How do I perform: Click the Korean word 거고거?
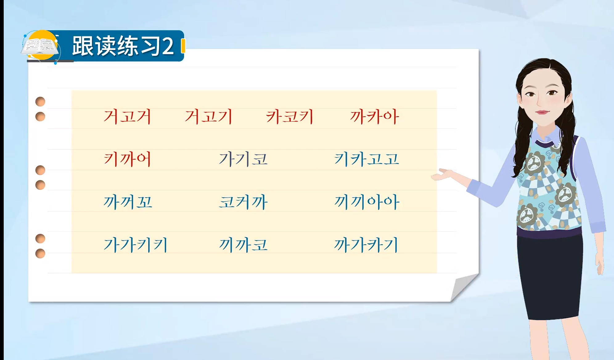(x=127, y=117)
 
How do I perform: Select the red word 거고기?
(x=208, y=117)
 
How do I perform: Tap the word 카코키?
(x=289, y=117)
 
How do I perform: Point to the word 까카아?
(x=375, y=117)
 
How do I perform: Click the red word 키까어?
(x=127, y=159)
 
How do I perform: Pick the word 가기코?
(x=243, y=159)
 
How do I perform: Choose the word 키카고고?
(x=367, y=159)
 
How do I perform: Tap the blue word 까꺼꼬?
(x=128, y=202)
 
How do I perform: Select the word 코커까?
(x=243, y=202)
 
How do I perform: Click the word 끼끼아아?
(x=367, y=202)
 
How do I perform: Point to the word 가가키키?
(x=136, y=245)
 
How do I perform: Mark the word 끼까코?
(x=243, y=245)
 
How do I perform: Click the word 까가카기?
(x=367, y=245)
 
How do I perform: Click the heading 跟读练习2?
(x=123, y=46)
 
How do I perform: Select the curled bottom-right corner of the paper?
(x=464, y=287)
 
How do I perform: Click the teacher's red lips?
(x=542, y=112)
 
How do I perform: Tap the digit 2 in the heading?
(x=168, y=47)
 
